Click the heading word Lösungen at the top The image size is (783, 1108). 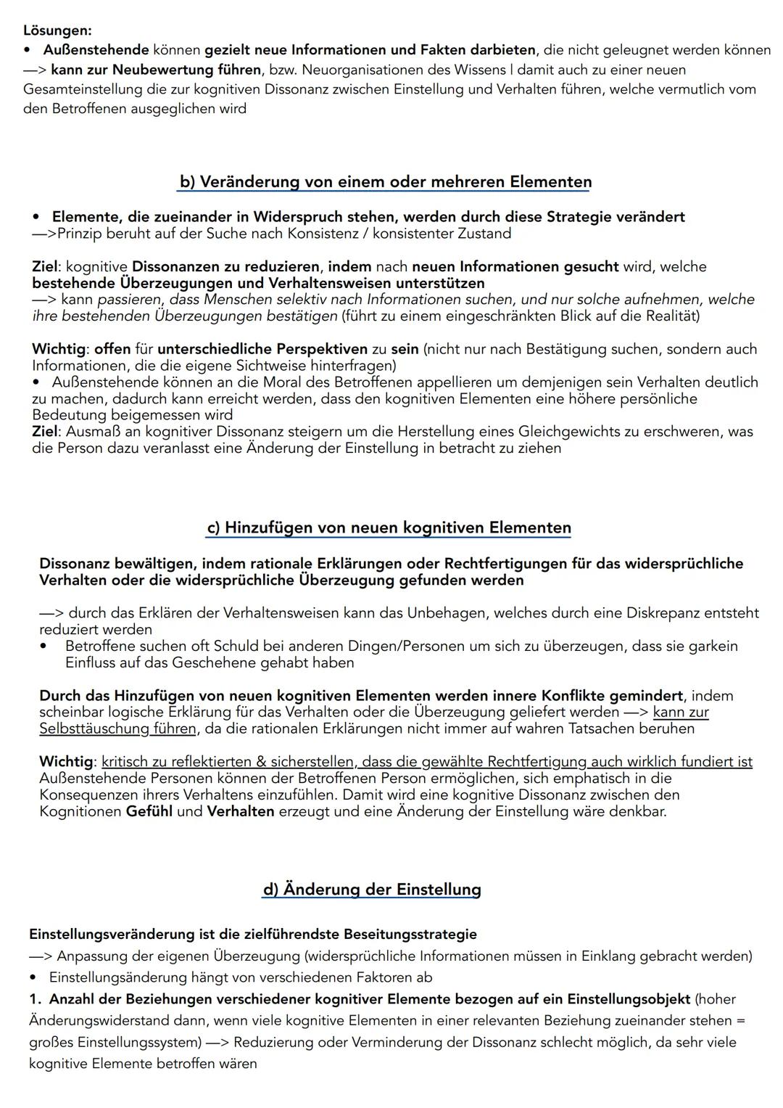(x=57, y=30)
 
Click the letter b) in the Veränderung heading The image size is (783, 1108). (x=187, y=181)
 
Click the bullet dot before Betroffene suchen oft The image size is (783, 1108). (x=44, y=646)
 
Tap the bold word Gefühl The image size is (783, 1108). (x=149, y=811)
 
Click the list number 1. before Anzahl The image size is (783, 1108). (x=36, y=999)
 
